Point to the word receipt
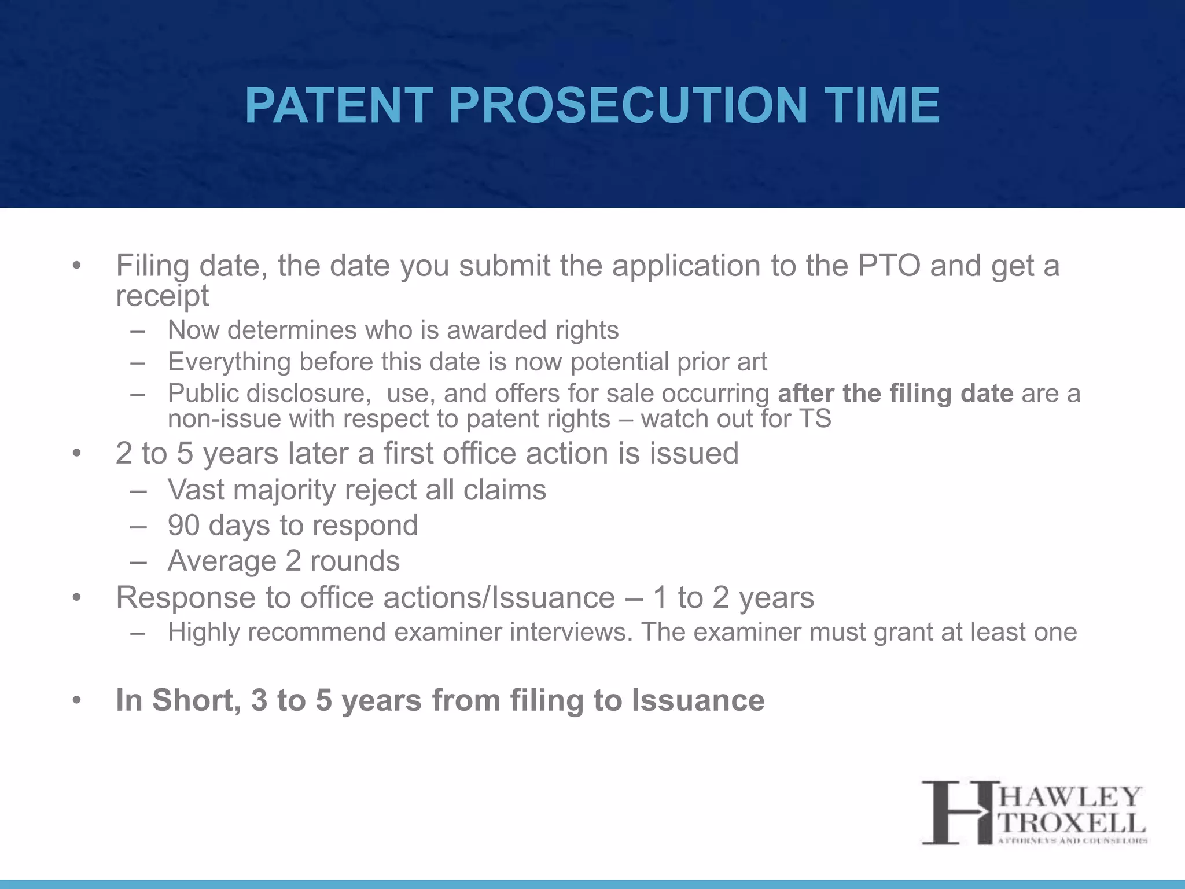point(162,297)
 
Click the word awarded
point(497,330)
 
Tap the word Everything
point(229,362)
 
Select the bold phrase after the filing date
point(895,394)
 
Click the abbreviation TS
point(814,418)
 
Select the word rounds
point(355,561)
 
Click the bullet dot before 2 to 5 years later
point(77,454)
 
